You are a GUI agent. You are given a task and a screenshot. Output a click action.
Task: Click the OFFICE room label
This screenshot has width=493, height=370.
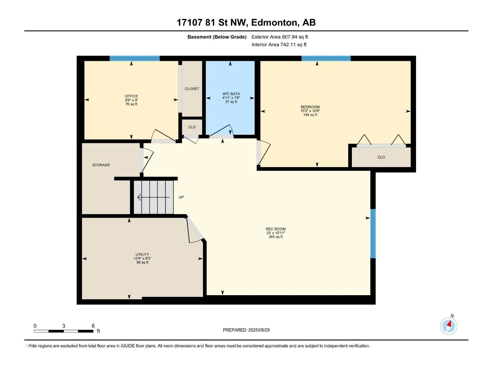coord(131,96)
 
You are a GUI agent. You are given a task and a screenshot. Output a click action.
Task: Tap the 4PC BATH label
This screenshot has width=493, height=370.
coord(231,94)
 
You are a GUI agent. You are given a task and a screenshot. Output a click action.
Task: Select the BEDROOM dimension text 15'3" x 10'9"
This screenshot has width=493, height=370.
coord(310,111)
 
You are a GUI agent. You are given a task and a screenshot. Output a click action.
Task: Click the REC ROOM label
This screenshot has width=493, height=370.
coord(275,229)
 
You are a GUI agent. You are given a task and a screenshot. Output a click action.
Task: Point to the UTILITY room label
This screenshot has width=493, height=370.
coord(142,254)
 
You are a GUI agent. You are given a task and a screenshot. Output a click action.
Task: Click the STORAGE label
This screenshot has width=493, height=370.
coord(101,165)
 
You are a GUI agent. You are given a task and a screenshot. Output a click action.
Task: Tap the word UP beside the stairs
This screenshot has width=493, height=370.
coord(181,197)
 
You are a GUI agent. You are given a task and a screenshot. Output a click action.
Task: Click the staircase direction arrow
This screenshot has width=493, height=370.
coord(153,197)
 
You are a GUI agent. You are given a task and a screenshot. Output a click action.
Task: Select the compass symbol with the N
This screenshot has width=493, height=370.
coord(448,326)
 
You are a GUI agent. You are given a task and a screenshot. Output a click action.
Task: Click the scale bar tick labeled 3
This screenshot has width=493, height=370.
coord(63,326)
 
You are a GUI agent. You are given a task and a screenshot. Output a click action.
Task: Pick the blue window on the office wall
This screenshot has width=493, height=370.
coord(135,58)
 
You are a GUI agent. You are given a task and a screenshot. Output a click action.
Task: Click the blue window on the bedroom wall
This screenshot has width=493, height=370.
coord(326,58)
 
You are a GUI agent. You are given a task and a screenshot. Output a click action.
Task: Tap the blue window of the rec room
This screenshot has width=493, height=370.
coord(373,234)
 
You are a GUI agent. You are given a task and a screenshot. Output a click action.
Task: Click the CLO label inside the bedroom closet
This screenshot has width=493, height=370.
coord(381,157)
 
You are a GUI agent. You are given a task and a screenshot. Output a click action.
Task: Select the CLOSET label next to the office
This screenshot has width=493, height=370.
coord(192,89)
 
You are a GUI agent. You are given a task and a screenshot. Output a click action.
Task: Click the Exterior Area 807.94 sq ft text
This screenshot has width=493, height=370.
coord(280,37)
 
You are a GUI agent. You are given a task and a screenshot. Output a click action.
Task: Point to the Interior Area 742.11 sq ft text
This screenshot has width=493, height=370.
coord(279,44)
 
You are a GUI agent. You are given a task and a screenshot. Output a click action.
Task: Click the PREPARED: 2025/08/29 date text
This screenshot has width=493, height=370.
coord(246,330)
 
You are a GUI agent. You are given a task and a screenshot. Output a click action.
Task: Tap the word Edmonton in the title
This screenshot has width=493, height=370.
coord(275,23)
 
